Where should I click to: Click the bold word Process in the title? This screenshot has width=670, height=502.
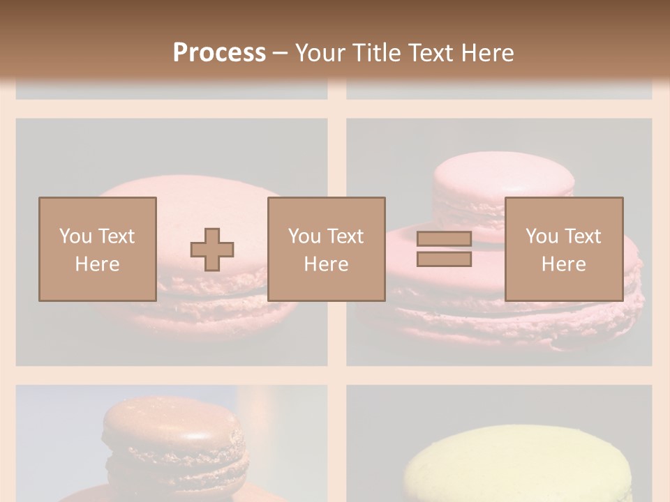[219, 53]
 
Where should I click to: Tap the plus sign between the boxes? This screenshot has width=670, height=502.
[212, 250]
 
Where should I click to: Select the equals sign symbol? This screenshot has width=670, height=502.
[444, 249]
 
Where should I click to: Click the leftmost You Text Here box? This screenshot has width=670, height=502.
[97, 249]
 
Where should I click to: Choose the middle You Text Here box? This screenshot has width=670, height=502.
[326, 249]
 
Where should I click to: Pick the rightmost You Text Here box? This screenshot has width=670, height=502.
[563, 249]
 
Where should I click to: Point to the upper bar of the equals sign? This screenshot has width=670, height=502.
[444, 239]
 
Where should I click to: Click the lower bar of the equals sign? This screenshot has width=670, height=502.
[444, 259]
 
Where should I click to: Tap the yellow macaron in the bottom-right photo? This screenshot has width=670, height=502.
[516, 464]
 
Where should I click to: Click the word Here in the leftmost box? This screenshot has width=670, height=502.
[97, 264]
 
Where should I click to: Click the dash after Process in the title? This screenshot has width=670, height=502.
[280, 53]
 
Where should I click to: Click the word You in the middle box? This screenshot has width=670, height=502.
[304, 236]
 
